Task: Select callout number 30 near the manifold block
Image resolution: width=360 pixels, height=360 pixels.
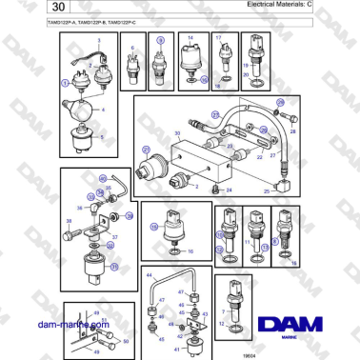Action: [177, 133]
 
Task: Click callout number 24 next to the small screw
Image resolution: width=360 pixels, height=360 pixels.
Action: [229, 190]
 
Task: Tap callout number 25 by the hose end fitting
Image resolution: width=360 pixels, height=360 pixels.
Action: [267, 190]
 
